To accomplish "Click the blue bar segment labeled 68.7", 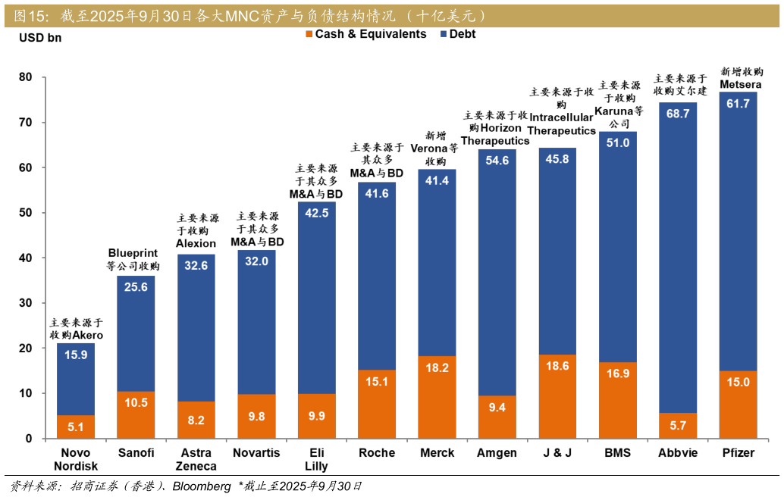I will (677, 258).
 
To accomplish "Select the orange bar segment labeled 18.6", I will (557, 396).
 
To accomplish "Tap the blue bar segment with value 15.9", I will (76, 379).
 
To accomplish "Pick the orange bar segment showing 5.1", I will (76, 427).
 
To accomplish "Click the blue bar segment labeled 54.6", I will (497, 273).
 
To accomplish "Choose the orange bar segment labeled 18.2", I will (437, 397).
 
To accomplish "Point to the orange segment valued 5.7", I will (677, 426).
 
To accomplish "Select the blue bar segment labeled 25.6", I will (136, 333).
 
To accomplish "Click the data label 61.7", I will (738, 104).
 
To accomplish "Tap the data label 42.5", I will (316, 213).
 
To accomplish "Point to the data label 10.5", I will (136, 403).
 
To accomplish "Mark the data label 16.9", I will (618, 373).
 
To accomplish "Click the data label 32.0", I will (256, 261).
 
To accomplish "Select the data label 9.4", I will (497, 408).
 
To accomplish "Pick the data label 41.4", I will (437, 180).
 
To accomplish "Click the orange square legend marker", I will (309, 35).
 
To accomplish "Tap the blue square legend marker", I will (444, 35).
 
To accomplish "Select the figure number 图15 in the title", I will (30, 15).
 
